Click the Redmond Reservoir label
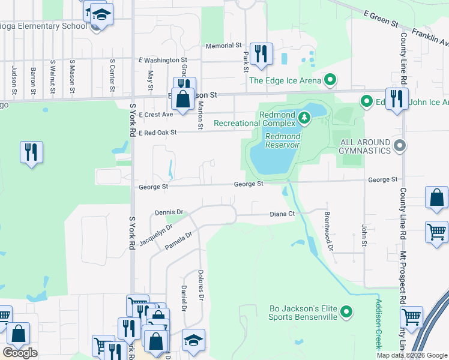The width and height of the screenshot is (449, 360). (283, 140)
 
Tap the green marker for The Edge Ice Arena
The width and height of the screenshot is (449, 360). (330, 80)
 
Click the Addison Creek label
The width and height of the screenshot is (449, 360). (378, 324)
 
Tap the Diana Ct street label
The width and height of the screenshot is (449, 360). (282, 214)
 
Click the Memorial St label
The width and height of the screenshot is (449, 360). (223, 46)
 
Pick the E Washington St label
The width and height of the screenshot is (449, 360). (163, 61)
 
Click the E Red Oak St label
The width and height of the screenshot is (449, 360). (158, 133)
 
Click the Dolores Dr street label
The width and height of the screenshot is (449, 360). (201, 285)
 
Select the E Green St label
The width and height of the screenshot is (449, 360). (381, 19)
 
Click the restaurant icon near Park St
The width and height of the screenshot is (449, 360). (261, 54)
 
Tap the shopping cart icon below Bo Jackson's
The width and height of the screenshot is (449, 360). (411, 317)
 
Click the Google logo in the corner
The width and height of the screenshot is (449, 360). (20, 353)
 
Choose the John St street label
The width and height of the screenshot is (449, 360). (364, 235)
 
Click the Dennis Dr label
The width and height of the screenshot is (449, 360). (168, 212)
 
